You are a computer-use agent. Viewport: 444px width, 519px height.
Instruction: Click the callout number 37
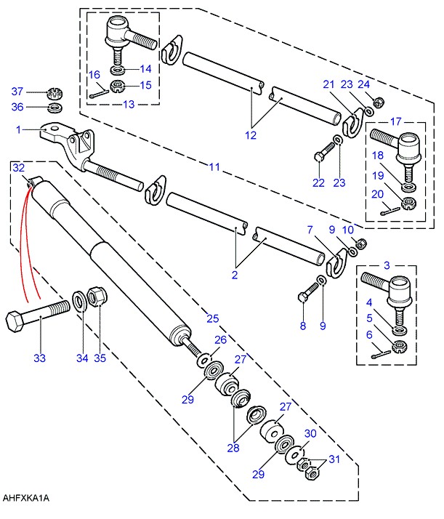tap(17, 92)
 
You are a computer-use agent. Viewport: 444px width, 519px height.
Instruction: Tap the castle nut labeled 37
tap(55, 93)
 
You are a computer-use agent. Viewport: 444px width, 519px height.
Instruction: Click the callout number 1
tap(18, 129)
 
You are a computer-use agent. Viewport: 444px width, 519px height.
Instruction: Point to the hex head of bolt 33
tap(16, 321)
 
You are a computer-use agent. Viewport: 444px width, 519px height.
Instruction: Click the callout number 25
tap(213, 318)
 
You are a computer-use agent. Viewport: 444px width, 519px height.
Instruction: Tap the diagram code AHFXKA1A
tap(26, 498)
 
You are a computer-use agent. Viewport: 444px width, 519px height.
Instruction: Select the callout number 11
tap(214, 166)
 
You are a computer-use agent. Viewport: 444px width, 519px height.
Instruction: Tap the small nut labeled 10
tap(361, 244)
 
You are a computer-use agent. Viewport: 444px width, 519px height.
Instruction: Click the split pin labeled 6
tap(381, 354)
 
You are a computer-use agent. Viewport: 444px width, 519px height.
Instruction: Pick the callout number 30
tap(310, 433)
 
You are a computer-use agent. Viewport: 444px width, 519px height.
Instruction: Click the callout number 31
tap(334, 459)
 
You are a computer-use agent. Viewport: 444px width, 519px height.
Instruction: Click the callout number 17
tap(396, 121)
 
